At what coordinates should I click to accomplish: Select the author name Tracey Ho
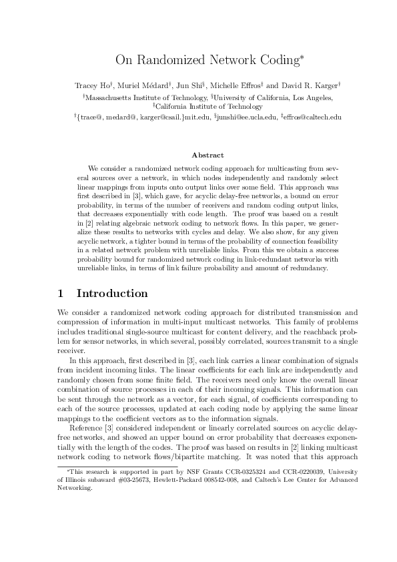coord(91,85)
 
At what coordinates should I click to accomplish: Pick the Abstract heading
coord(198,155)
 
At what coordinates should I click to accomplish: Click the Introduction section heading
coord(112,294)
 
